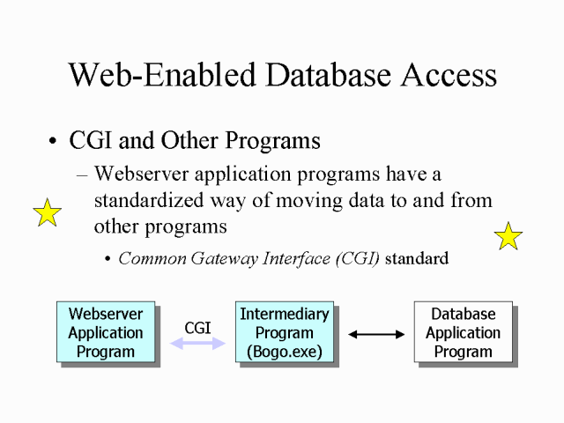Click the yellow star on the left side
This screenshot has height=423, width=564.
[47, 213]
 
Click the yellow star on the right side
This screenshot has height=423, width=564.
[508, 236]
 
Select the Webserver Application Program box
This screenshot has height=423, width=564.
[106, 332]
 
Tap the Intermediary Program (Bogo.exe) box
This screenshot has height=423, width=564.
[285, 332]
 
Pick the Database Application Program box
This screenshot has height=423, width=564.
[463, 332]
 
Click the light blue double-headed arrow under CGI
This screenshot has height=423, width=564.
[197, 345]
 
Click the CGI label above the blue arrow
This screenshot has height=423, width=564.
[197, 328]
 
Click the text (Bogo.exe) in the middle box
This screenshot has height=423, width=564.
[285, 352]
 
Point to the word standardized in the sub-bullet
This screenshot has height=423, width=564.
[158, 200]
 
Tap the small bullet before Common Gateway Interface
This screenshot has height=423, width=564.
[108, 259]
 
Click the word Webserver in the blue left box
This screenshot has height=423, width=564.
[106, 314]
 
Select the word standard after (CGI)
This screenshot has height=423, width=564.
[417, 258]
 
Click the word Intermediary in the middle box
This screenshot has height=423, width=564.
[285, 314]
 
